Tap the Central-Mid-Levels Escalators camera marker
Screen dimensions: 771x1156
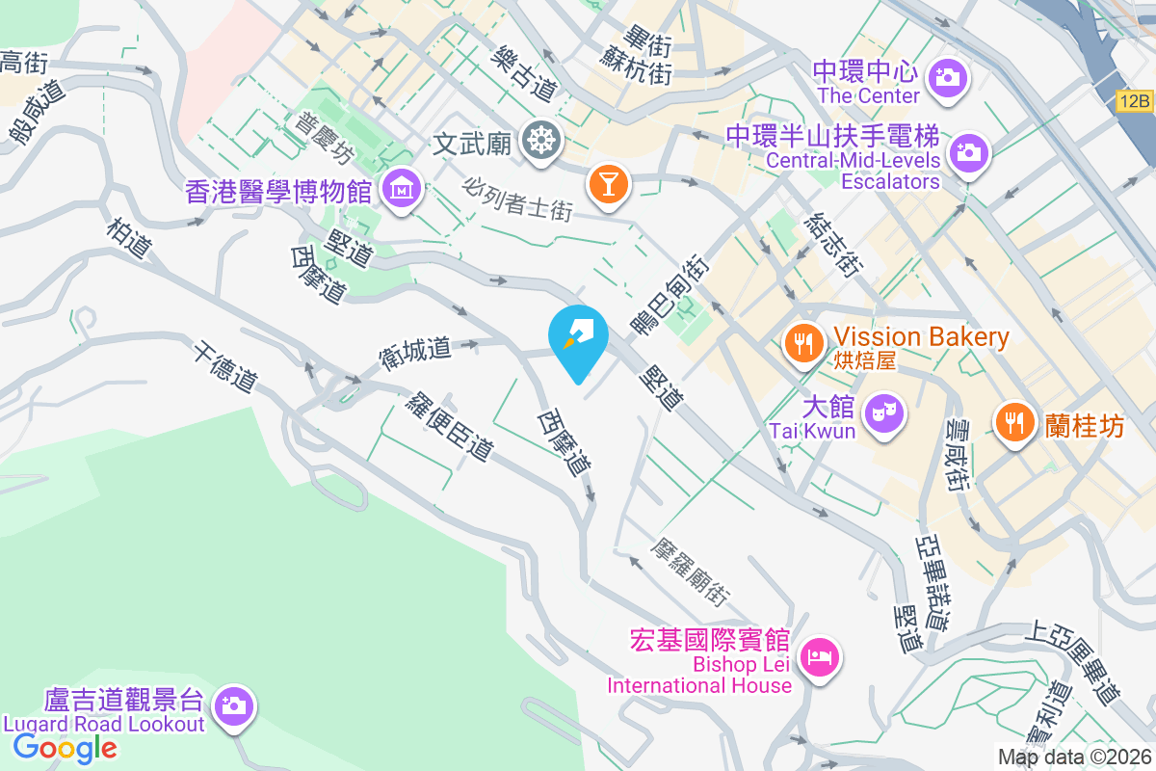coord(968,152)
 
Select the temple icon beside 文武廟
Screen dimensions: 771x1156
coord(541,143)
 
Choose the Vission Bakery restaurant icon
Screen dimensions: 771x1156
coord(802,341)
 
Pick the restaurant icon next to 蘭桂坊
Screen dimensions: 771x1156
coord(1012,421)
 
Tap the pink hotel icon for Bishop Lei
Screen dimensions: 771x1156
coord(820,659)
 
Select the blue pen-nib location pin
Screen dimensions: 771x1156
coord(578,339)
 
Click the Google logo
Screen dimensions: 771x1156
coord(65,747)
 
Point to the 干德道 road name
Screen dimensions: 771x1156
coord(223,366)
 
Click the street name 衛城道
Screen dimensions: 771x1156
coord(415,348)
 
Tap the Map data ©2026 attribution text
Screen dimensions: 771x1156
coord(1073,758)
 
